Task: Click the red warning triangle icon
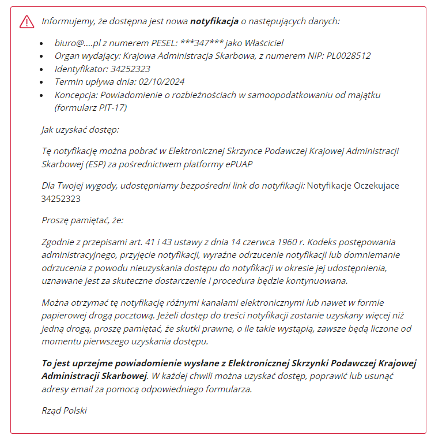click(x=27, y=21)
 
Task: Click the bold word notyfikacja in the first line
click(x=214, y=21)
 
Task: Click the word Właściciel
click(x=260, y=43)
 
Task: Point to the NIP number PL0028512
click(x=345, y=56)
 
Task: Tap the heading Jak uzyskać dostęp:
click(x=80, y=130)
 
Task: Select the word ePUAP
click(x=239, y=163)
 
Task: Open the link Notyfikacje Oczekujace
click(x=353, y=186)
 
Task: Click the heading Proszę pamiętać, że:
click(x=82, y=220)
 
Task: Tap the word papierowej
click(x=69, y=316)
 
